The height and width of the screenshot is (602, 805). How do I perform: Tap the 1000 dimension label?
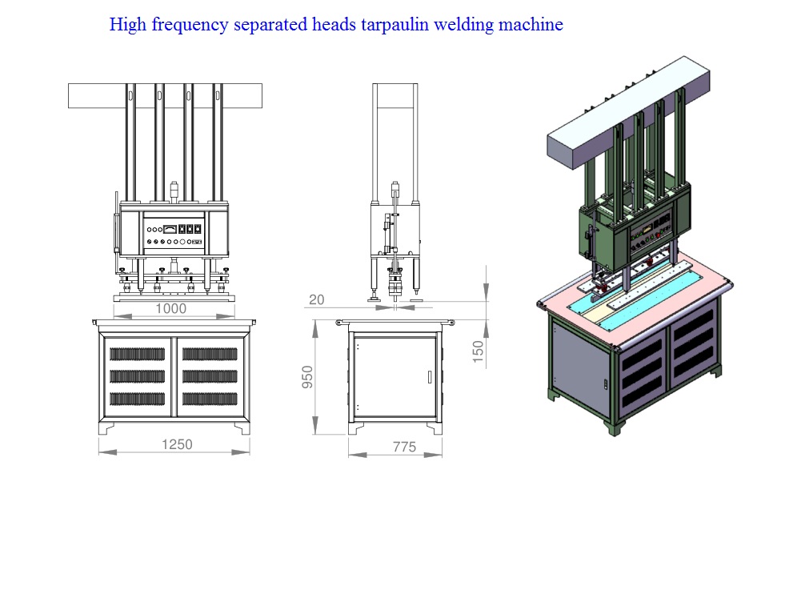[171, 309]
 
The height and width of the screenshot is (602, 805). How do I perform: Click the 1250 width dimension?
[177, 444]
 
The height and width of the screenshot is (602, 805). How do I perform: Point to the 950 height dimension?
[307, 377]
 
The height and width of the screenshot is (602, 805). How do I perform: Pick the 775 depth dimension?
[405, 447]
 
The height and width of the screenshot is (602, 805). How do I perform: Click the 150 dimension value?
[478, 352]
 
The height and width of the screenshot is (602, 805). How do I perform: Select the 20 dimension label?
[317, 299]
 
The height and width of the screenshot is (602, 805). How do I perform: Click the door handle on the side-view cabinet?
[430, 376]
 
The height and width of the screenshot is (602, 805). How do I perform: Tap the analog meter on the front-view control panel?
[170, 229]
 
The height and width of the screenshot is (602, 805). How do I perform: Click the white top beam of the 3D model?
[629, 112]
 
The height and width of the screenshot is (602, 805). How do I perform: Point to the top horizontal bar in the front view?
[166, 96]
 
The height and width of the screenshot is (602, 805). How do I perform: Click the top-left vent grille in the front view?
[137, 354]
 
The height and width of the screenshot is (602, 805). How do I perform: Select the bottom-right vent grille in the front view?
[210, 399]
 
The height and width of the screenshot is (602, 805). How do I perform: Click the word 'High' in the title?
[128, 25]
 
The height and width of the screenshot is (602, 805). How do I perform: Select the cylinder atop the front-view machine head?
[174, 190]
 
